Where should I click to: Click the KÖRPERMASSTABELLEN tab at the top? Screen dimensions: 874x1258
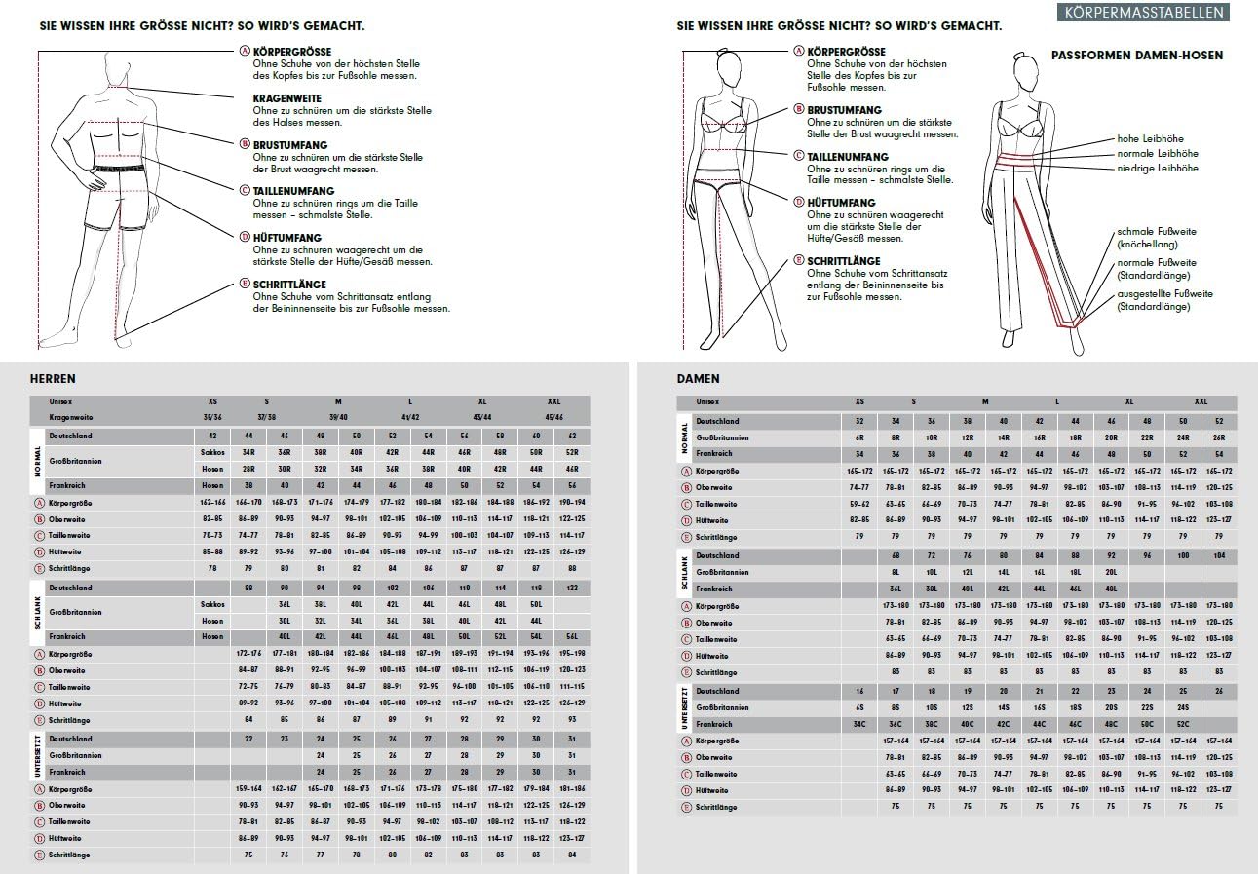coord(1144,13)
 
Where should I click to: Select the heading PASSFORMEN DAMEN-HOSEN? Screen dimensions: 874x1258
coord(1137,56)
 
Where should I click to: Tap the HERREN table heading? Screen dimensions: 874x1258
coord(53,378)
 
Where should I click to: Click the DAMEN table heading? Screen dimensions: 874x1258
coord(699,378)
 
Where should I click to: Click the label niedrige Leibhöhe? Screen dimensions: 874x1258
coord(1158,169)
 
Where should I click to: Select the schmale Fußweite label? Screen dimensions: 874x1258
coord(1157,232)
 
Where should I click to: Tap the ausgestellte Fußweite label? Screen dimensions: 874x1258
coord(1164,293)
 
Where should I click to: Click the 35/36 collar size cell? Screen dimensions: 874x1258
coord(213,416)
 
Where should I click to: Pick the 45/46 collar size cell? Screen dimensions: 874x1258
coord(553,416)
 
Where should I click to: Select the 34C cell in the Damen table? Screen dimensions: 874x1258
coord(859,724)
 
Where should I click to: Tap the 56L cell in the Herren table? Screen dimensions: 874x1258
coord(571,636)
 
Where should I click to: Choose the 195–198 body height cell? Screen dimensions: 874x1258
coord(571,653)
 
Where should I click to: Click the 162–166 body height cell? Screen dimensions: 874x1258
coord(212,503)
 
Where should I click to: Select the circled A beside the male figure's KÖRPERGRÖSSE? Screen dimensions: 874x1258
coord(245,51)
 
